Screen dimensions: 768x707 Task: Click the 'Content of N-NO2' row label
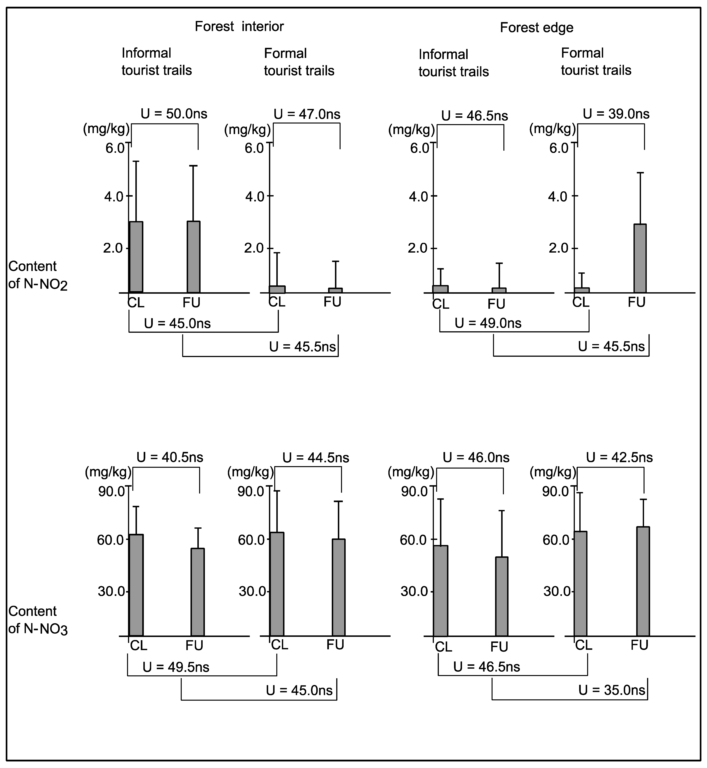click(x=38, y=275)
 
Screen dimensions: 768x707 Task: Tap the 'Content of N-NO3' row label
click(x=38, y=620)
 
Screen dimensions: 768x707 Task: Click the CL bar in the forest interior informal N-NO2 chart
click(x=136, y=257)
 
